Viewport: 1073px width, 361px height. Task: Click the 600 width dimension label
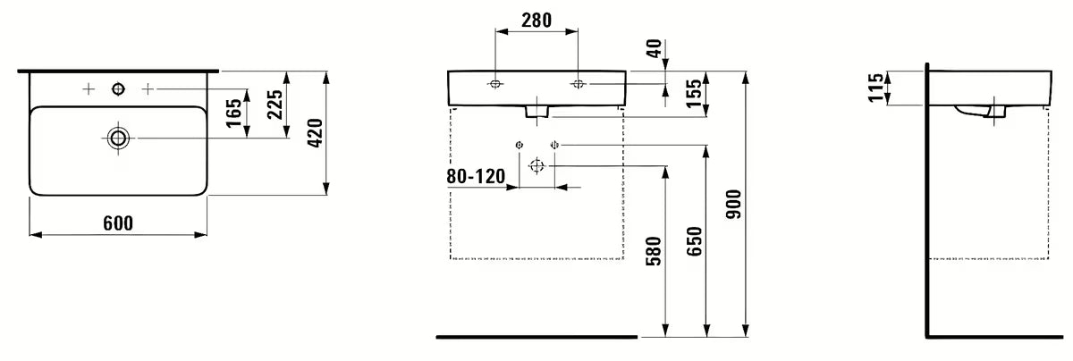click(118, 223)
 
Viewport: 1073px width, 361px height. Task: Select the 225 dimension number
click(275, 105)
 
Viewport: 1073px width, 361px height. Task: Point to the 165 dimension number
click(233, 113)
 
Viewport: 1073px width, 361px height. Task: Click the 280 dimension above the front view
click(536, 21)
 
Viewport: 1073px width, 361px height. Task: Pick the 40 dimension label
click(654, 48)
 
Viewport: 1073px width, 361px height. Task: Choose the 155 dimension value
click(694, 93)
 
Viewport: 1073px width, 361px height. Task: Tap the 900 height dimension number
click(733, 205)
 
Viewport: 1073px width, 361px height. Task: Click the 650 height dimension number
click(694, 241)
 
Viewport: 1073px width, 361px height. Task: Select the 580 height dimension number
click(654, 251)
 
